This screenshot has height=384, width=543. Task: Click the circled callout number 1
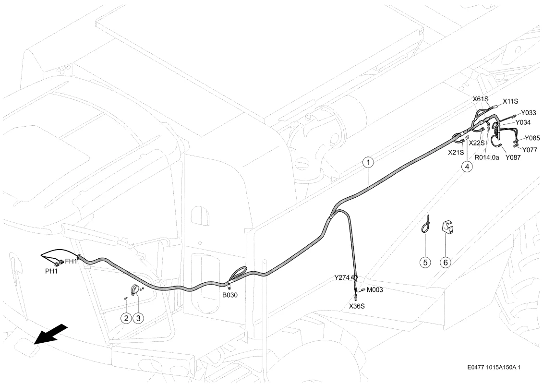click(368, 162)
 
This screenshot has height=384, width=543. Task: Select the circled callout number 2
click(126, 317)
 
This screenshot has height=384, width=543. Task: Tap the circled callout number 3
click(138, 317)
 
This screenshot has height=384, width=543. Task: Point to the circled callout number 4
click(467, 167)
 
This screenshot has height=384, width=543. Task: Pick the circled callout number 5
click(425, 263)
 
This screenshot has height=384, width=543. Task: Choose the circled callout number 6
click(446, 263)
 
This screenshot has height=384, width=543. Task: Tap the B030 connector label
click(230, 295)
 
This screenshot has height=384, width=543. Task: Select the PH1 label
click(51, 271)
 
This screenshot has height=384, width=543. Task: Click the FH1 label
click(71, 262)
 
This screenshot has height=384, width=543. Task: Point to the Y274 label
click(342, 277)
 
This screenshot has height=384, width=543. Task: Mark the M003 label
click(374, 290)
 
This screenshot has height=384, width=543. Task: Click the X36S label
click(357, 306)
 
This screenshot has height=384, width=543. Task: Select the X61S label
click(481, 99)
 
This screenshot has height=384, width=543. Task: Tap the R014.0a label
click(487, 157)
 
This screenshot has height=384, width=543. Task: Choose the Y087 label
click(513, 157)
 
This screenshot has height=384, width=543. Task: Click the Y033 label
click(529, 113)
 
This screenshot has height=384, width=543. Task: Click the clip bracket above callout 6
click(447, 227)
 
